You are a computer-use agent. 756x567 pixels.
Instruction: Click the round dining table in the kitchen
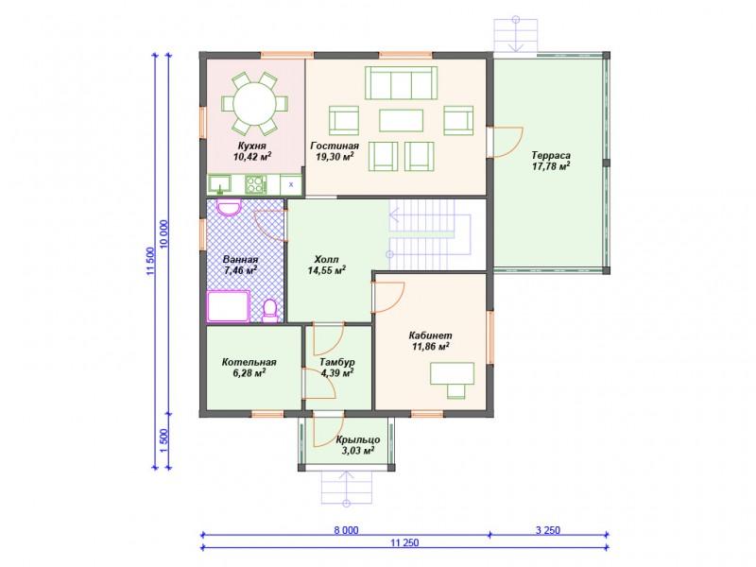(x=254, y=103)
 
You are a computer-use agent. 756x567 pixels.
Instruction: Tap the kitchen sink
(x=220, y=183)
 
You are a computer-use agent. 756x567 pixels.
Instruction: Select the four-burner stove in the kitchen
(x=255, y=183)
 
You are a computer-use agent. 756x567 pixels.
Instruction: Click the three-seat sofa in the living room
(x=401, y=83)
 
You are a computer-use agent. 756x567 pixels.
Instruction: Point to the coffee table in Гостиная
(x=401, y=121)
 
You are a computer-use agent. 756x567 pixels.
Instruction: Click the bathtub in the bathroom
(x=229, y=306)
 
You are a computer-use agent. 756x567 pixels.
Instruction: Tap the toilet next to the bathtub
(x=270, y=311)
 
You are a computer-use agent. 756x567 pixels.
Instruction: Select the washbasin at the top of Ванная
(x=229, y=207)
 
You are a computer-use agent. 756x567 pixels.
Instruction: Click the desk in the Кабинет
(x=452, y=373)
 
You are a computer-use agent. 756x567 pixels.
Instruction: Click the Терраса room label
(x=551, y=155)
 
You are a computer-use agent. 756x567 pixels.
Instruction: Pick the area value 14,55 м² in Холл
(x=326, y=270)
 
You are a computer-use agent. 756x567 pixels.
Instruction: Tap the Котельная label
(x=249, y=362)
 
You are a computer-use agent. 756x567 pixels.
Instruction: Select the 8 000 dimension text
(x=346, y=530)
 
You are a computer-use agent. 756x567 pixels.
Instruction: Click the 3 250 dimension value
(x=548, y=530)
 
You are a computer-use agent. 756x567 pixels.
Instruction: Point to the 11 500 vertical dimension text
(x=151, y=262)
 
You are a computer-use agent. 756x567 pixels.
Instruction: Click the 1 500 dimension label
(x=163, y=440)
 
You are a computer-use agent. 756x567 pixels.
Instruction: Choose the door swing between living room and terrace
(x=507, y=142)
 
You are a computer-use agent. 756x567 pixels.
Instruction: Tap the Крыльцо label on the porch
(x=358, y=439)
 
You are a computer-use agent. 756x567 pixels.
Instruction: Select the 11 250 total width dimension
(x=404, y=542)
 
